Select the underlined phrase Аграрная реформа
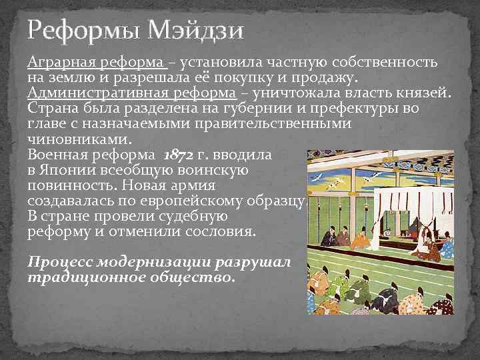[96, 63]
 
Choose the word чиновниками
[79, 139]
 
